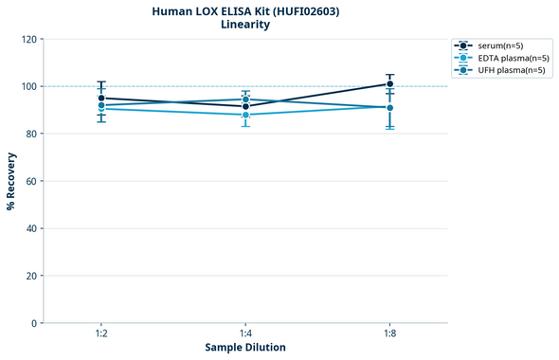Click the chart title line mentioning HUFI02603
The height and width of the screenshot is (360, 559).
coord(245,11)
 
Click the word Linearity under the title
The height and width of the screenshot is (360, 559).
coord(245,26)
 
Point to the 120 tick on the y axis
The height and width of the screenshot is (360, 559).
coord(30,39)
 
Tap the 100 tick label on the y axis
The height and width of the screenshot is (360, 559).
coord(30,86)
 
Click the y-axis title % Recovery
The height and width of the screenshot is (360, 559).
coord(11,181)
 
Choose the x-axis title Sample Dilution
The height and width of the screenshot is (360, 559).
coord(245,348)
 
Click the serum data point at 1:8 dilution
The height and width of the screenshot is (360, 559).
coord(389,83)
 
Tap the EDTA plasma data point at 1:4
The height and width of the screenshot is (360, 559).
coord(245,115)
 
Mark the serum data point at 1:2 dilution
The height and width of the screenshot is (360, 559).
coord(101,98)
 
